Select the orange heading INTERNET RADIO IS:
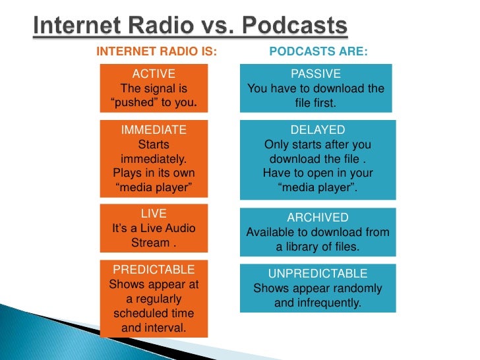(156, 52)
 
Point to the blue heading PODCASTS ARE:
(319, 52)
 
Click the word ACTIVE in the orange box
(154, 74)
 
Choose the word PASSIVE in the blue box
(316, 74)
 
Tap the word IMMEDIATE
(154, 130)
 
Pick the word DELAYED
(317, 130)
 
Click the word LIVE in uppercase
(154, 214)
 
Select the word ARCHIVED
(317, 218)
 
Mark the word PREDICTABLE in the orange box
(154, 270)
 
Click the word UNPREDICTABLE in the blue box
(317, 274)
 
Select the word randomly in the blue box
(357, 289)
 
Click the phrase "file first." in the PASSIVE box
(316, 103)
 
